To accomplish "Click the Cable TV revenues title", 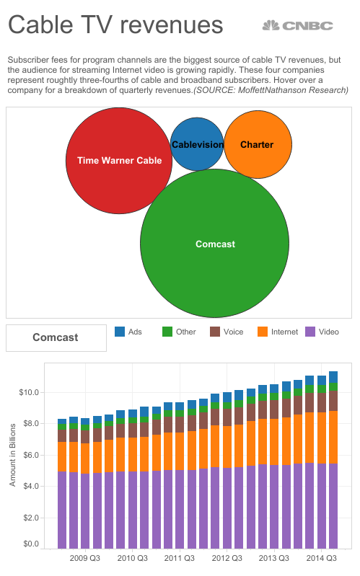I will (115, 25).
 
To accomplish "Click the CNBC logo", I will (297, 25).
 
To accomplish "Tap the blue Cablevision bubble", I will (197, 144).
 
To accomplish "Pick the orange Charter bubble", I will (258, 144).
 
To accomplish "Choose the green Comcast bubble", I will (215, 244).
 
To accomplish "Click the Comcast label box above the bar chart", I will (56, 337).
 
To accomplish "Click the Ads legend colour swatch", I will (120, 332).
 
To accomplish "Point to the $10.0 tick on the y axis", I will (29, 393).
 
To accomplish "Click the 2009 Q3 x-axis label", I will (84, 558).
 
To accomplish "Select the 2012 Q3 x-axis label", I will (226, 558).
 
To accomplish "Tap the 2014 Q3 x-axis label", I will (320, 558).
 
